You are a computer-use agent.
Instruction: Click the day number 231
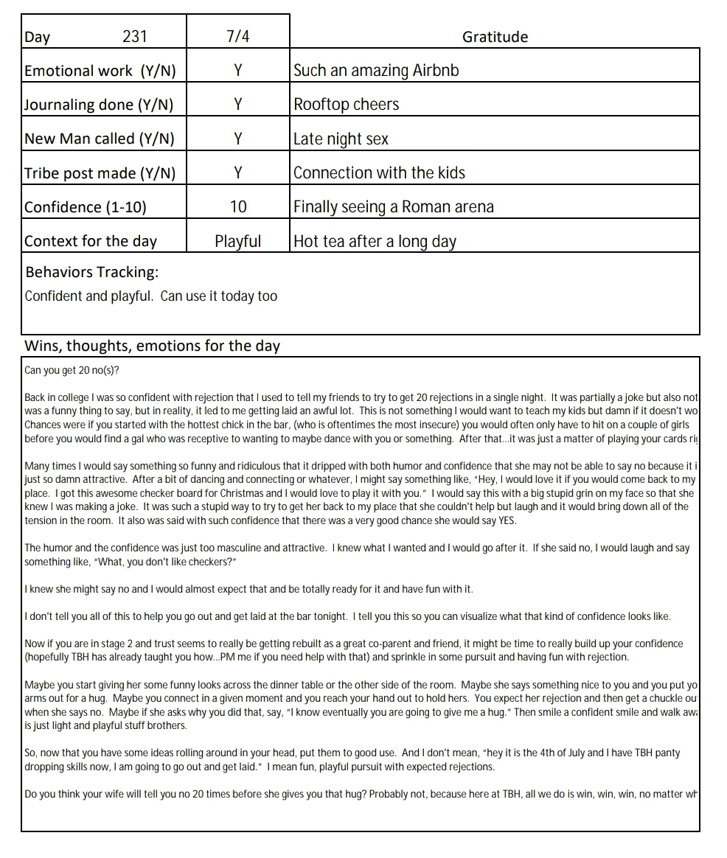135,37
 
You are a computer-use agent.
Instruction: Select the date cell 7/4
237,37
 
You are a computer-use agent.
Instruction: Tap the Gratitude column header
495,37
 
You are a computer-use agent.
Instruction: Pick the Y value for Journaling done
237,105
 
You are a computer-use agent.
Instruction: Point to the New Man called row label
100,139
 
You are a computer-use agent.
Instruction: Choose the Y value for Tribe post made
237,172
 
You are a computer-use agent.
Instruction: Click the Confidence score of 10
237,207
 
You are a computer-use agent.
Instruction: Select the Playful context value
237,241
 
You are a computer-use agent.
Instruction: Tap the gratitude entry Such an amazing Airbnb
376,71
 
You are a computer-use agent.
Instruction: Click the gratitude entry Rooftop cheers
346,105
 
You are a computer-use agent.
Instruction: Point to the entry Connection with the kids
379,172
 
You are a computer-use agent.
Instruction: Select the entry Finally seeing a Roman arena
393,207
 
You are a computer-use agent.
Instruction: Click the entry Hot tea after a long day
375,241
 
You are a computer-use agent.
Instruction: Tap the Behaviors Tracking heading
91,272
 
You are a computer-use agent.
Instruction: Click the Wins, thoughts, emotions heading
152,346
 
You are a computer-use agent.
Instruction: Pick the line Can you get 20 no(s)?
72,370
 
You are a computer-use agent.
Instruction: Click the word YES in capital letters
506,521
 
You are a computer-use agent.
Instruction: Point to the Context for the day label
91,241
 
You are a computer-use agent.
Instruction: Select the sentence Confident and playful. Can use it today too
151,296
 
